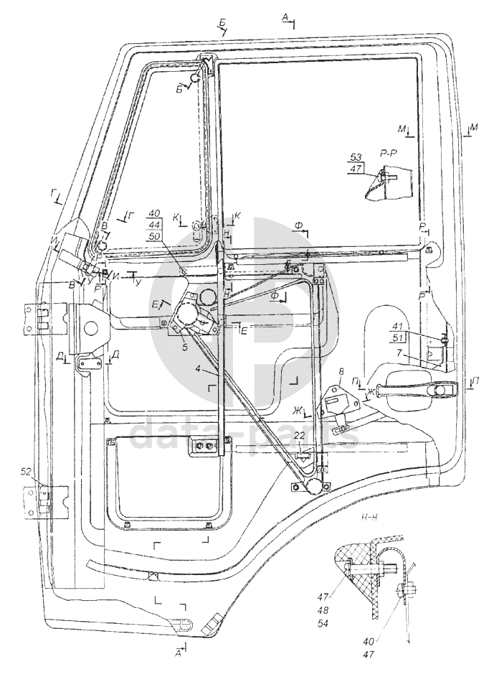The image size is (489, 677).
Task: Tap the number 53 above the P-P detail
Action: pyautogui.click(x=356, y=157)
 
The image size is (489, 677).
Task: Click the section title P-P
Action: pyautogui.click(x=389, y=154)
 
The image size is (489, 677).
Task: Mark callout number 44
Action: pyautogui.click(x=155, y=225)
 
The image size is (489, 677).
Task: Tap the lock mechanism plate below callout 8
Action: pyautogui.click(x=334, y=401)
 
